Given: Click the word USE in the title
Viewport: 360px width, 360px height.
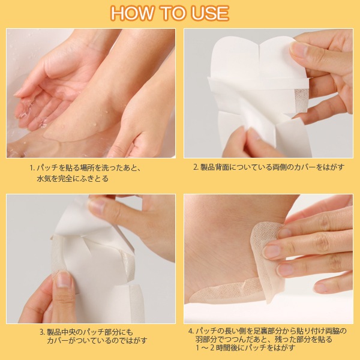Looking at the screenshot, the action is [x=211, y=13].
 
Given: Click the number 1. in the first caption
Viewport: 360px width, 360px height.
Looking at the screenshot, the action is [x=32, y=168].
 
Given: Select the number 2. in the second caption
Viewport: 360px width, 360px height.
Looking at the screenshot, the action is [x=196, y=167].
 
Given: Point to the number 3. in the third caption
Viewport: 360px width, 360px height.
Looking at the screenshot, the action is [x=43, y=332].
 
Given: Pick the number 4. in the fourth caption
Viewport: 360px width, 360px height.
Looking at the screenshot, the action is [x=191, y=331].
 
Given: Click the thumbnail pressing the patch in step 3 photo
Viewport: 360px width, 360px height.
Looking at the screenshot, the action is [x=63, y=280].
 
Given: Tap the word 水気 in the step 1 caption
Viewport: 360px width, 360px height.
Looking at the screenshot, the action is [x=44, y=178].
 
